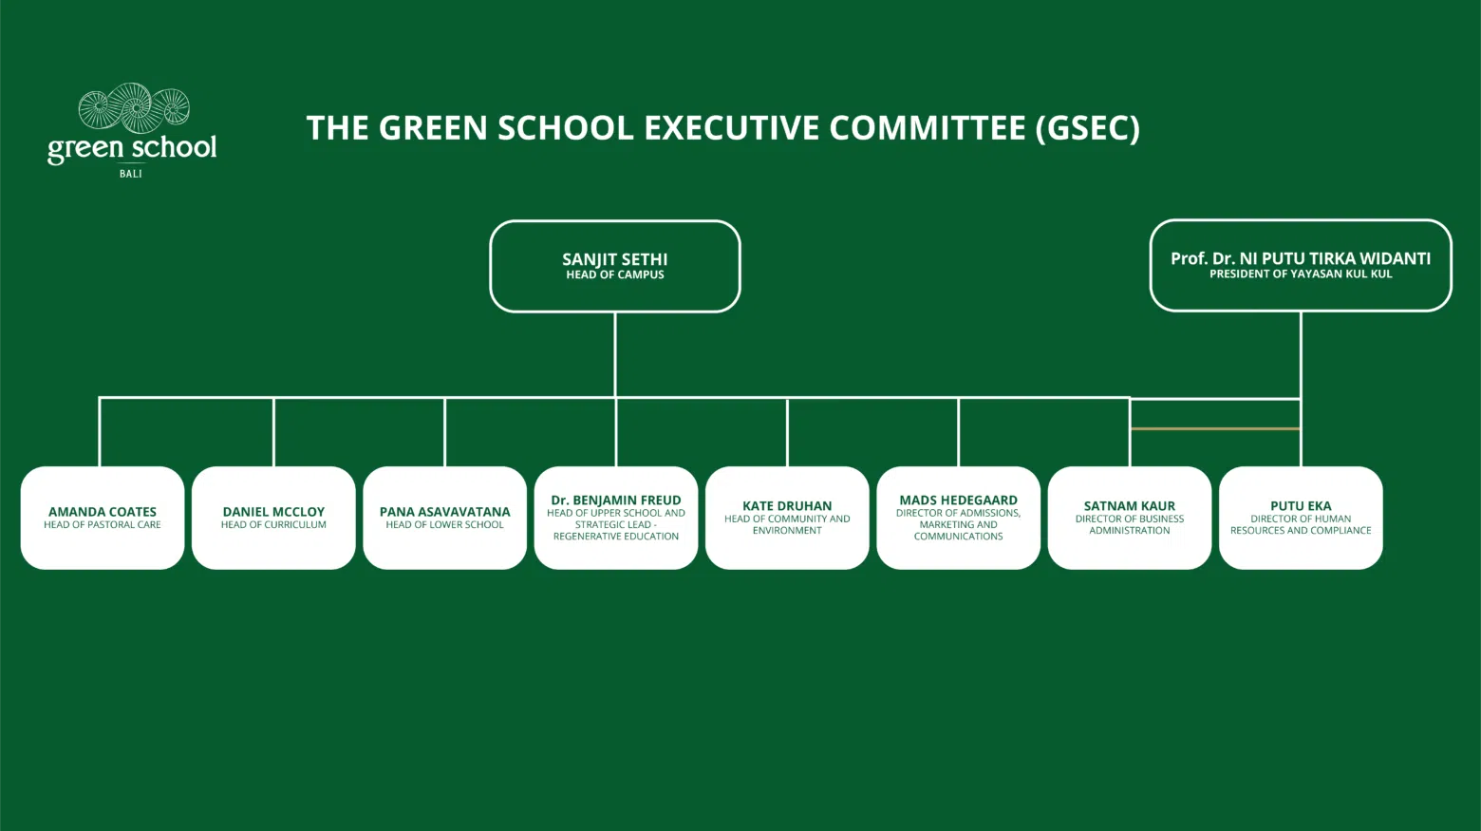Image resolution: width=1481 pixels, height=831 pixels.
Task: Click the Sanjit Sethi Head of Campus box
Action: point(615,266)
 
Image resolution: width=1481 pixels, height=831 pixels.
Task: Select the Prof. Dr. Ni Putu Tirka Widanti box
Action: point(1301,265)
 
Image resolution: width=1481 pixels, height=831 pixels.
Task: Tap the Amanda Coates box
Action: point(103,518)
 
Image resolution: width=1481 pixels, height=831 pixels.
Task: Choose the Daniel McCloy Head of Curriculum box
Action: point(273,518)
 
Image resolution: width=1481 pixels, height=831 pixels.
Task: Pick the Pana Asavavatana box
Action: point(445,518)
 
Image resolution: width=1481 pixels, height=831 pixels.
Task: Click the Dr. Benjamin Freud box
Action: point(616,518)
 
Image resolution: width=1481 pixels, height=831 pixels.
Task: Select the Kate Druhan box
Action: point(787,518)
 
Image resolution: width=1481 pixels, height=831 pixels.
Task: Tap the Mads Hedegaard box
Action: point(959,518)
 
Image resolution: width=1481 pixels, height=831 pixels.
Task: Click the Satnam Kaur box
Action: point(1130,518)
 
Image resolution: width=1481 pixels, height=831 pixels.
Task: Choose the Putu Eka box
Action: point(1302,518)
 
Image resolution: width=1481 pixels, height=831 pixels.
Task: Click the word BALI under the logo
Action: point(131,174)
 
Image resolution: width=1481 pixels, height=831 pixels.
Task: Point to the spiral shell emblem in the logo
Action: point(134,108)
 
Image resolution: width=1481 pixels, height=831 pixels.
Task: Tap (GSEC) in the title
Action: point(1088,128)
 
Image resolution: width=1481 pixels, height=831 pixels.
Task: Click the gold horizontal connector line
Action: point(1215,428)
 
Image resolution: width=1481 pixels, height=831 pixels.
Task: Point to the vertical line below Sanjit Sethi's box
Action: point(615,354)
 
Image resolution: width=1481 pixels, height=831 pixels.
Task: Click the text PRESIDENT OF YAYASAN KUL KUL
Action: point(1301,274)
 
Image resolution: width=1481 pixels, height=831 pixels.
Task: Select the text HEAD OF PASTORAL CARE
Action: point(103,524)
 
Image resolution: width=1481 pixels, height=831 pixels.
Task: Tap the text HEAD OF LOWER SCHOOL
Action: point(445,524)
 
